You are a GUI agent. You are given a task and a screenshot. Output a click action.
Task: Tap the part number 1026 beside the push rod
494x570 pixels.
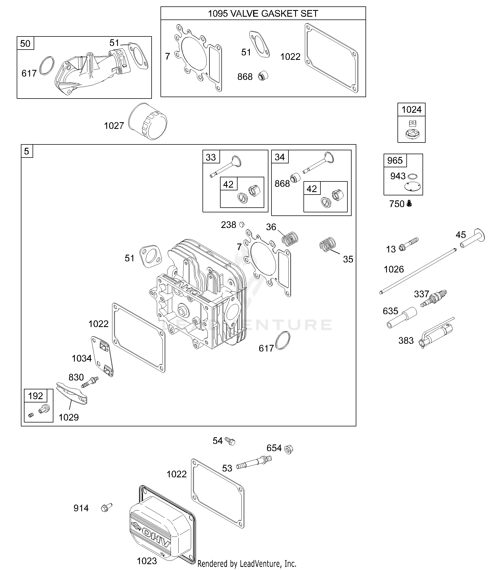pos(394,269)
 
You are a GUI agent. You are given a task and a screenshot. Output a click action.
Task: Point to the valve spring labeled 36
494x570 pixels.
pos(290,239)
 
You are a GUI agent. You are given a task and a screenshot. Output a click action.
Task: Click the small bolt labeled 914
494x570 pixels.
pos(106,508)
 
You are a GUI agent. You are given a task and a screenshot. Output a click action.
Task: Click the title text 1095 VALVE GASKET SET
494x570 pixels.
pos(263,13)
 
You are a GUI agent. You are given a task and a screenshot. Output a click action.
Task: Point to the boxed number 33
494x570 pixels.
pos(211,157)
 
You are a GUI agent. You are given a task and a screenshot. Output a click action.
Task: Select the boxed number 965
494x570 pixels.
pos(395,161)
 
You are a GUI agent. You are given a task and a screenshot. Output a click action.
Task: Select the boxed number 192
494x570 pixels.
pos(36,395)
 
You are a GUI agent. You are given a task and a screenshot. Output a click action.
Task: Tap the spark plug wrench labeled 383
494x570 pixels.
pos(436,333)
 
